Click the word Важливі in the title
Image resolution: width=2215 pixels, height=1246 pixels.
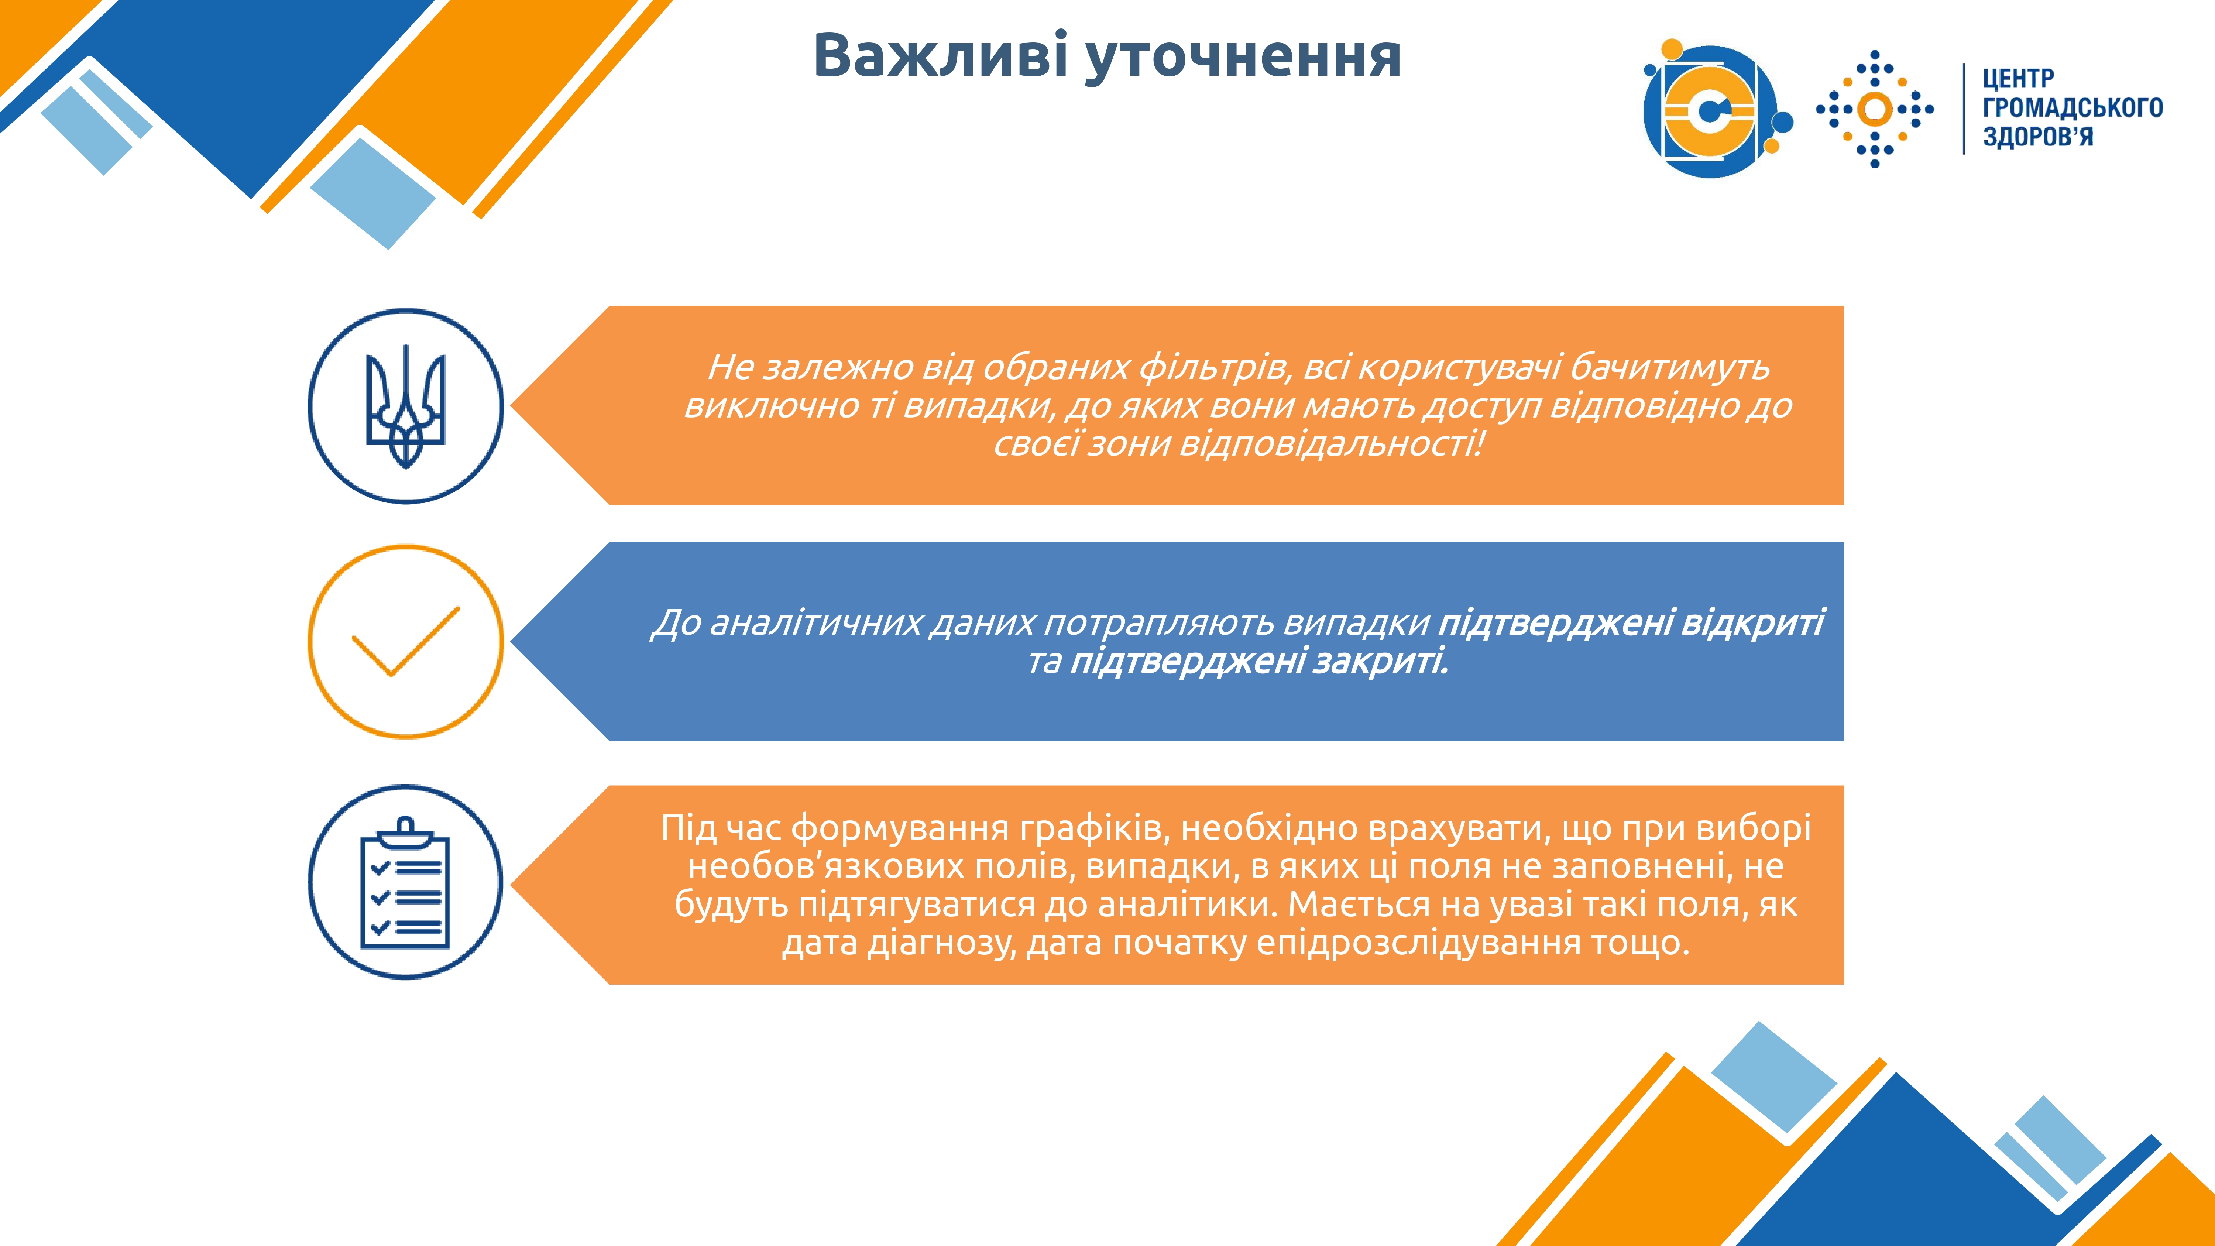point(940,56)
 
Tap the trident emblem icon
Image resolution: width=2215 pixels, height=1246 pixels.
point(406,406)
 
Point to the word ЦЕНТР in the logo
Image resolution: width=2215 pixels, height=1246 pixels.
point(2018,79)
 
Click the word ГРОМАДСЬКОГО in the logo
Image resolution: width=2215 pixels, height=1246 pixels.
point(2072,107)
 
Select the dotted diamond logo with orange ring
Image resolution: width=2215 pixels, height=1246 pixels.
point(1875,109)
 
